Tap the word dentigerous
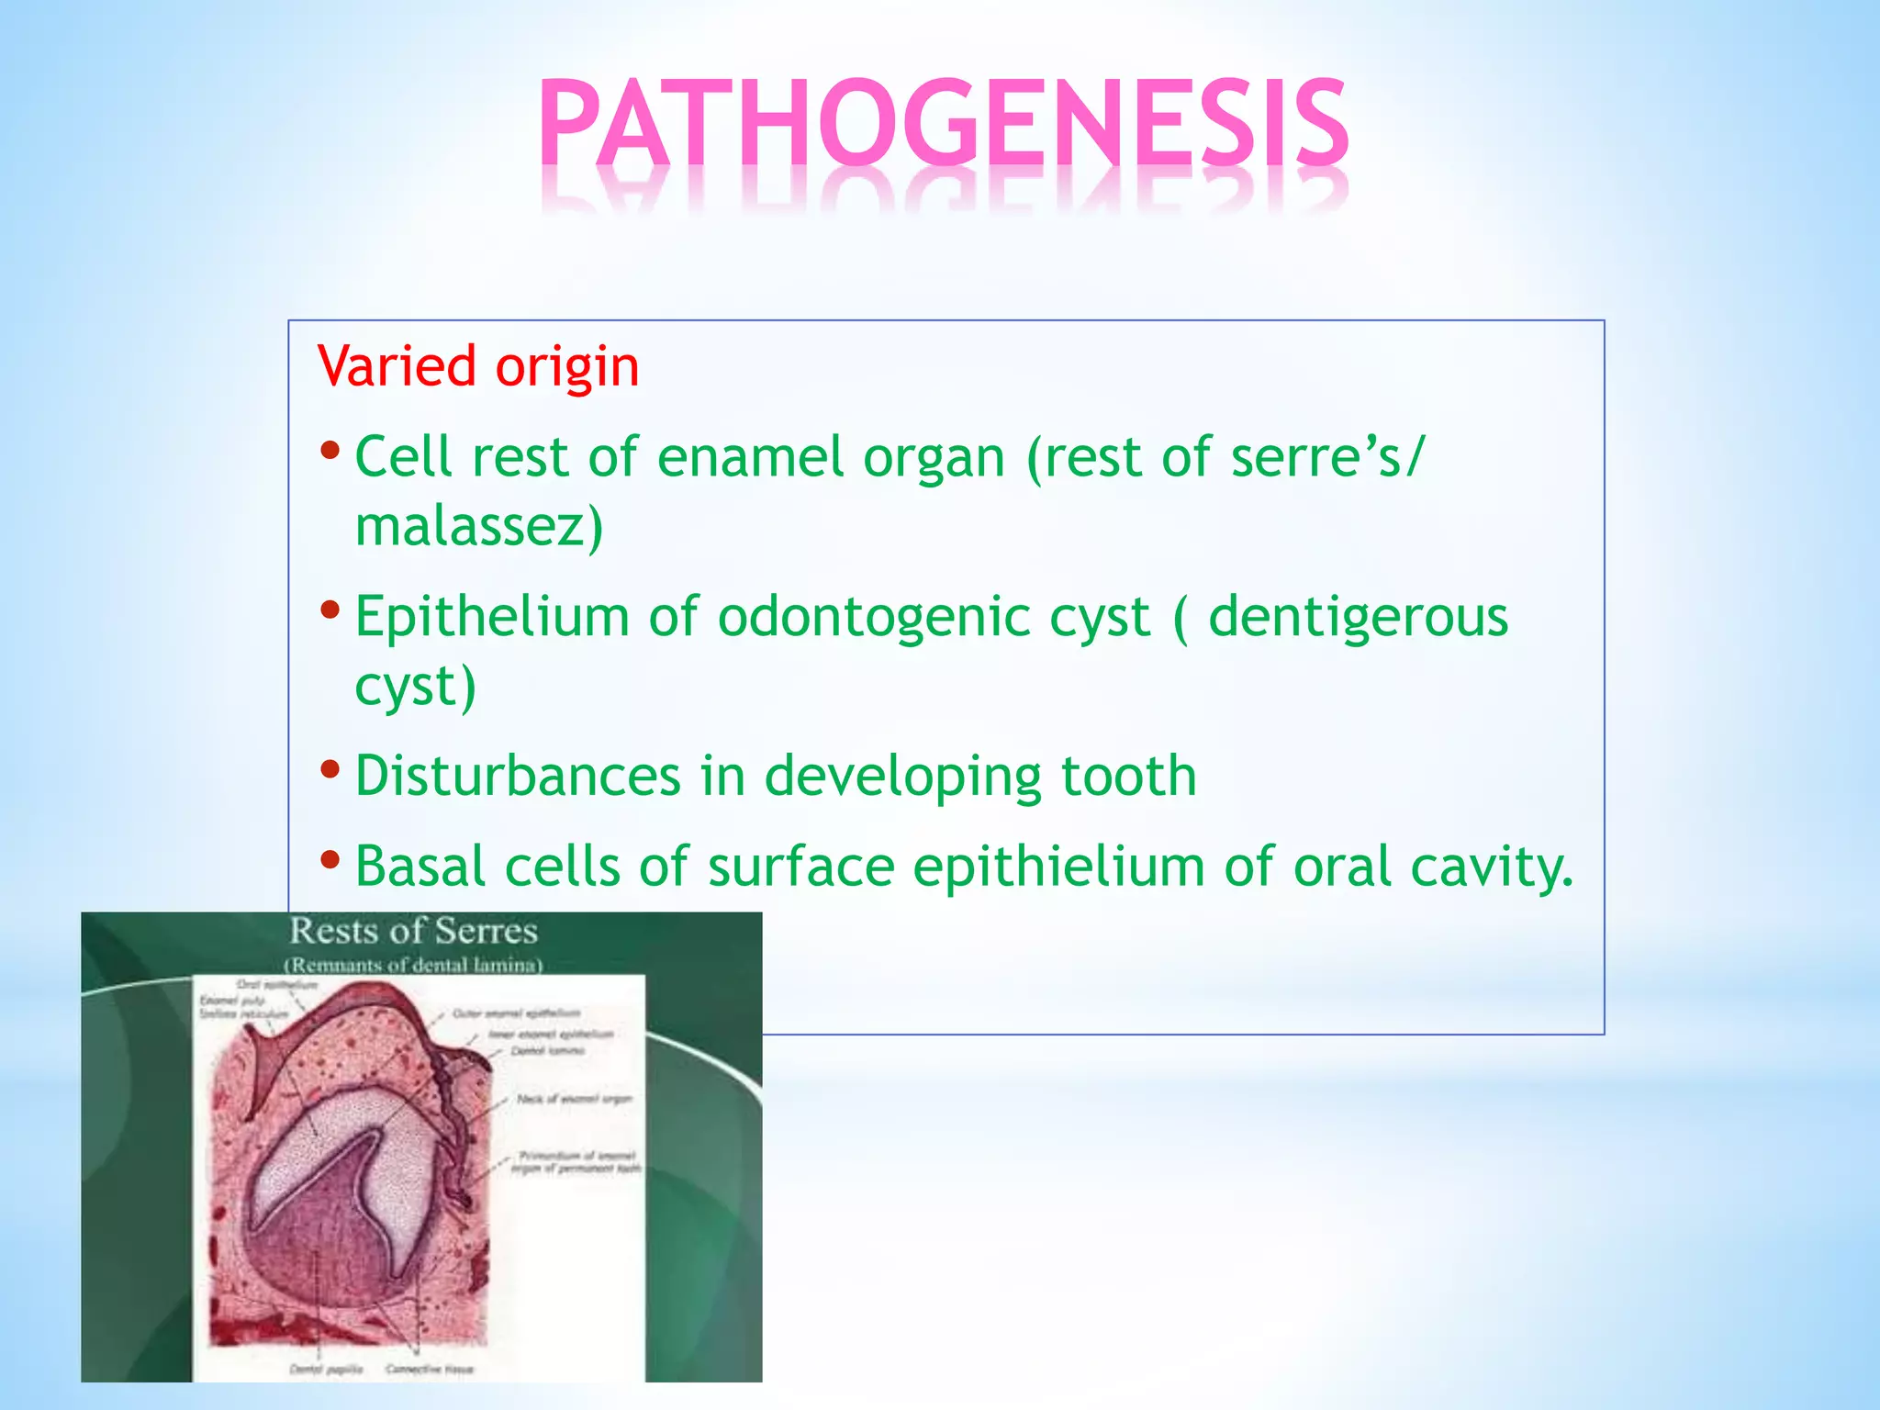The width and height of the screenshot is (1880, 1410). click(1358, 617)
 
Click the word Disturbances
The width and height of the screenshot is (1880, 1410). click(518, 777)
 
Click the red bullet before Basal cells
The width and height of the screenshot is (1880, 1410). click(330, 861)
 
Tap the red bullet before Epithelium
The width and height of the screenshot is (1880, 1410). click(330, 610)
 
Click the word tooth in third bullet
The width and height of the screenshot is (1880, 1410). click(1129, 777)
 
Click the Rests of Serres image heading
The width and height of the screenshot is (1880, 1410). click(413, 931)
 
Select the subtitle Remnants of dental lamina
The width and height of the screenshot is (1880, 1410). click(413, 965)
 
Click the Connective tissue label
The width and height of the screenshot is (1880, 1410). click(430, 1369)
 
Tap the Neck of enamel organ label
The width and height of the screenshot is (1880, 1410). click(574, 1098)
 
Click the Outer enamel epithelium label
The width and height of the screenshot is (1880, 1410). click(516, 1013)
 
